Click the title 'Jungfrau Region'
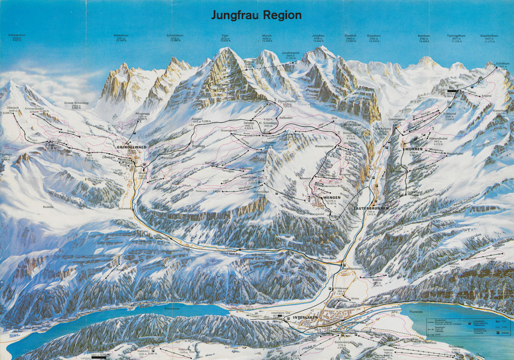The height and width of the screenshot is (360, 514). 256,15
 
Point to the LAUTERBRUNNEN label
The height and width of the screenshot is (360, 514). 371,208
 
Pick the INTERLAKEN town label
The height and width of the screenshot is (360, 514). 307,318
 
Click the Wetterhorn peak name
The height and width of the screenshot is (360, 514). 121,35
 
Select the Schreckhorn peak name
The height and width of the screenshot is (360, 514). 175,35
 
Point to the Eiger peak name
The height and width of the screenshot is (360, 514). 224,35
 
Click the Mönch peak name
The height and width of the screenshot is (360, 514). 267,35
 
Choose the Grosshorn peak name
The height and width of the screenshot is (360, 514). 374,35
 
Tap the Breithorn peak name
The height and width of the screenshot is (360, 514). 424,35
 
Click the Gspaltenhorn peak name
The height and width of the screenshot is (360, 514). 489,35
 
